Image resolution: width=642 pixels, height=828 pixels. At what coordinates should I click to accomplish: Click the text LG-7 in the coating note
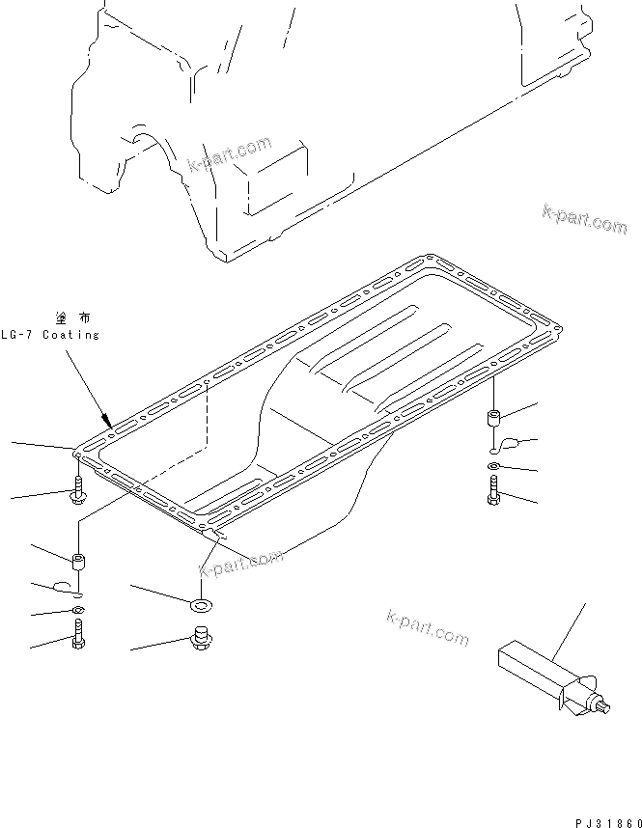tap(18, 334)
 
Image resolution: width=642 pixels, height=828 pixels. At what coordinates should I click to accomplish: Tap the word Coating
tap(70, 334)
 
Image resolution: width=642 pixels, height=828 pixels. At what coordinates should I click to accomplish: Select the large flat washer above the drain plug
tap(202, 605)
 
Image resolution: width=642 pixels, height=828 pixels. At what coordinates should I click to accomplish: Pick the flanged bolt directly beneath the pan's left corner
tap(78, 493)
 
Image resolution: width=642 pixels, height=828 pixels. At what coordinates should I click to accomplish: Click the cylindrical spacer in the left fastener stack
tap(78, 560)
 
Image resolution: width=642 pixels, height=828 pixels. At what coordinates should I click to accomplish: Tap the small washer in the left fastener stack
tap(78, 612)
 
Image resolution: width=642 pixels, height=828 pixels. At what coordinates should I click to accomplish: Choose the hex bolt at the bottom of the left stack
tap(78, 635)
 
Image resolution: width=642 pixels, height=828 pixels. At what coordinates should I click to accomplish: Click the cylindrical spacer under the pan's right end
tap(493, 421)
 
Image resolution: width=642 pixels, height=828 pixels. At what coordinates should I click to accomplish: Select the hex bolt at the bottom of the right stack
tap(493, 494)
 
